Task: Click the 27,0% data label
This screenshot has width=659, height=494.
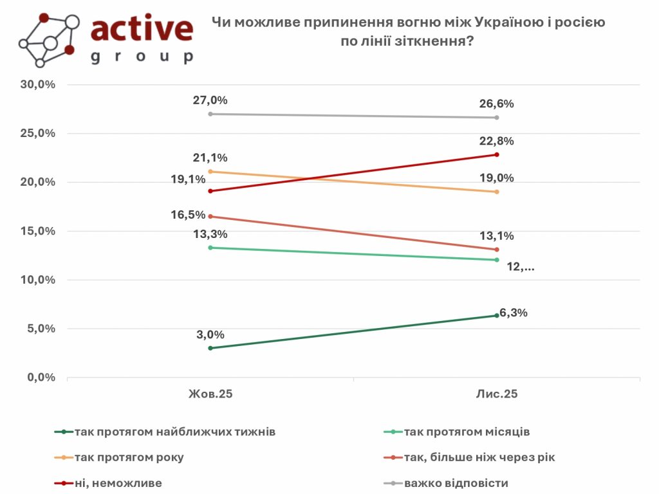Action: click(x=210, y=100)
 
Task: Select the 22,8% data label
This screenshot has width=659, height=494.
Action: click(x=497, y=141)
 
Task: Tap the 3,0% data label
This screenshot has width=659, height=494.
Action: click(x=210, y=334)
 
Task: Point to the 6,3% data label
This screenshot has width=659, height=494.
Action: click(x=512, y=313)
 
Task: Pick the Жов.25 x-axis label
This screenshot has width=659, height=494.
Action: click(x=210, y=394)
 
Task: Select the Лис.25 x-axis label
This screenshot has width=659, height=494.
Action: click(x=497, y=394)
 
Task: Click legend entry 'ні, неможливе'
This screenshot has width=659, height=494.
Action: click(x=118, y=482)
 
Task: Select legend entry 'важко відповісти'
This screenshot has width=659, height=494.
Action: click(x=456, y=482)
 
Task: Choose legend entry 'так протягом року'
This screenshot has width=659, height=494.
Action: click(x=129, y=457)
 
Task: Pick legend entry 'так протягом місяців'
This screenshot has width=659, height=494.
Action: click(x=467, y=432)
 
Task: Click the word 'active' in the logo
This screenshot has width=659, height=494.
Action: click(x=142, y=29)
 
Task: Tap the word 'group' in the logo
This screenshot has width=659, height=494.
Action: click(x=142, y=57)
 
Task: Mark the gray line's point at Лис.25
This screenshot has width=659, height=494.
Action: click(x=497, y=118)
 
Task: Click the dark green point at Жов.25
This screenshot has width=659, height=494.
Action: click(x=210, y=348)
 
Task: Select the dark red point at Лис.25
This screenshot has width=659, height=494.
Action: click(x=497, y=154)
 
